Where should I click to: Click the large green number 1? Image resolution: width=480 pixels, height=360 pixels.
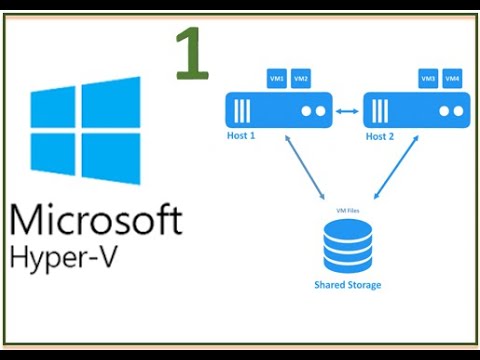[190, 54]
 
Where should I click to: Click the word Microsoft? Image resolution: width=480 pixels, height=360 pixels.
[97, 219]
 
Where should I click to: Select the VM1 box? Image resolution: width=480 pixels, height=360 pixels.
[277, 78]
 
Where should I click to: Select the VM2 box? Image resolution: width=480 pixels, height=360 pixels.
[301, 78]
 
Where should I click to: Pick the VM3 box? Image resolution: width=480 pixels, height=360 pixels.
[428, 78]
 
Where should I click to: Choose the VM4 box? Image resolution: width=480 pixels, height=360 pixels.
[452, 78]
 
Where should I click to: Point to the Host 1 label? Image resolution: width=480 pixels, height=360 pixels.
[242, 134]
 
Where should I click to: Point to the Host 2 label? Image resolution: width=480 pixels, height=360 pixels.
[380, 135]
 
